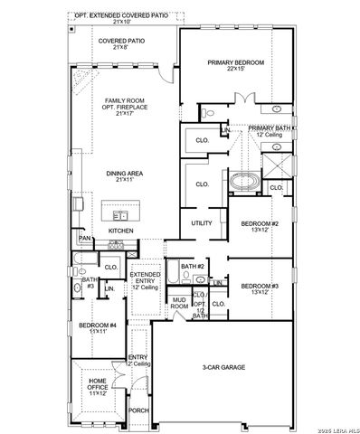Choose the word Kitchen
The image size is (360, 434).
click(x=121, y=231)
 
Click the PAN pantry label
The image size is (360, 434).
click(x=84, y=239)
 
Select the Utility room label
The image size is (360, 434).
click(x=201, y=223)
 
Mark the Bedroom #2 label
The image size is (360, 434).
click(x=259, y=226)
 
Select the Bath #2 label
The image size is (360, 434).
click(x=190, y=267)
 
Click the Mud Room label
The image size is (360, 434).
click(x=179, y=302)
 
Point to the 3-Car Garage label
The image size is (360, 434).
click(x=223, y=367)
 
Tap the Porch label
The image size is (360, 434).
click(x=139, y=410)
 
